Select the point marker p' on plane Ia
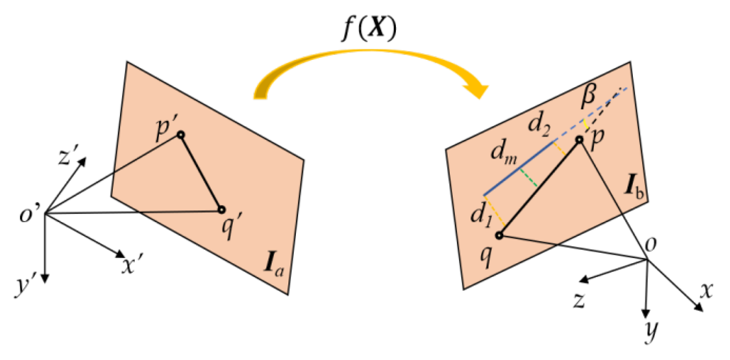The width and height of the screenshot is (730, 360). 181,135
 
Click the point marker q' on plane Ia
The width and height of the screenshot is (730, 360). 222,210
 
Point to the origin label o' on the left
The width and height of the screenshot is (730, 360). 29,216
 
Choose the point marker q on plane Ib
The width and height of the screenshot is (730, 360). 499,235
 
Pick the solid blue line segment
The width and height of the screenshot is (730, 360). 519,168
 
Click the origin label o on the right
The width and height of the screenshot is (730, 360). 651,245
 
